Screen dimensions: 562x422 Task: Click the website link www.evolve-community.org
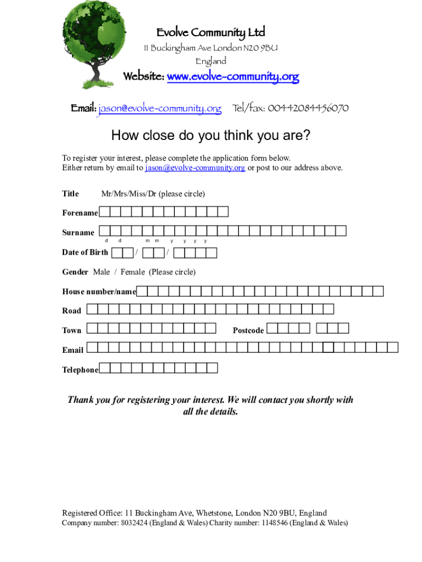[x=232, y=77]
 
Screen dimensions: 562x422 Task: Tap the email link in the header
[x=159, y=109]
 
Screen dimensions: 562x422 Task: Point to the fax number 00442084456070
[x=307, y=108]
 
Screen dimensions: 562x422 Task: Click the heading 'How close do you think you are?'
[x=210, y=135]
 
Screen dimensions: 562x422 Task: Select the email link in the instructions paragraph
[x=195, y=168]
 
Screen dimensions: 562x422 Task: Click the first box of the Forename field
[x=105, y=212]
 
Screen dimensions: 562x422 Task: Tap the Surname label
[x=78, y=233]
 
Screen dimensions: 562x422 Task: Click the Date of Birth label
[x=85, y=252]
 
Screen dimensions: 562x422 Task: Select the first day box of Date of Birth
[x=117, y=252]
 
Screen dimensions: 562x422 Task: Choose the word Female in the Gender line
[x=133, y=272]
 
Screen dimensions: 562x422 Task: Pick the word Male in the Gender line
[x=101, y=272]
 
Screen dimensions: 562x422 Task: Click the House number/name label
[x=99, y=292]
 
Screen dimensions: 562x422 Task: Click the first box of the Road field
[x=92, y=310]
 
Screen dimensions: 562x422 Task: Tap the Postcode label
[x=248, y=330]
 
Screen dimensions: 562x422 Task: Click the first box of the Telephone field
[x=105, y=368]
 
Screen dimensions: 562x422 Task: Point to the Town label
[x=72, y=330]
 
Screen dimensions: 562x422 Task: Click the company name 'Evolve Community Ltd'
[x=210, y=33]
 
